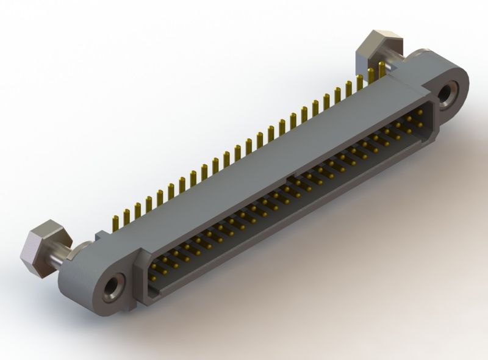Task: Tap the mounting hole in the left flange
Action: pos(113,285)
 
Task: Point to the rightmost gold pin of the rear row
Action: pos(382,68)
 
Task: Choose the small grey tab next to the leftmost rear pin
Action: pos(101,234)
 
